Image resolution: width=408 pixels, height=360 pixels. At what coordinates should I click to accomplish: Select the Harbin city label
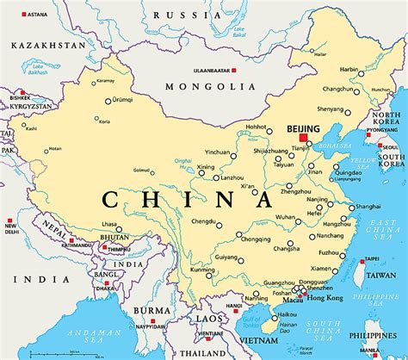(349, 69)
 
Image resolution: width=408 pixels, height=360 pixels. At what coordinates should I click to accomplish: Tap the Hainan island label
(287, 326)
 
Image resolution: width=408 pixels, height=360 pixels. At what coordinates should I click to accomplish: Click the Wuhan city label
(286, 218)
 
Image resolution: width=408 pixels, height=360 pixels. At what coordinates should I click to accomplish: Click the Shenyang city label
(331, 109)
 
